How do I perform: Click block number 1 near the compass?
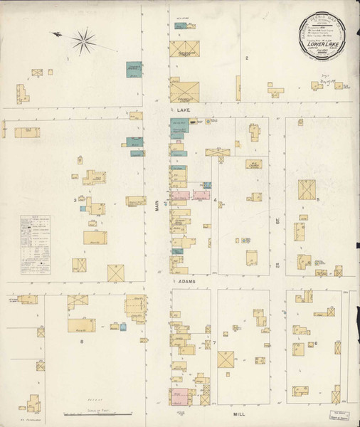tap(68, 59)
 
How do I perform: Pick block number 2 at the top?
tap(246, 57)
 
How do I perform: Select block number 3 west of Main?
tap(74, 200)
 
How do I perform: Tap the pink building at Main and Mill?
tap(179, 394)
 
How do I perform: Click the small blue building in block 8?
tap(122, 326)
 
